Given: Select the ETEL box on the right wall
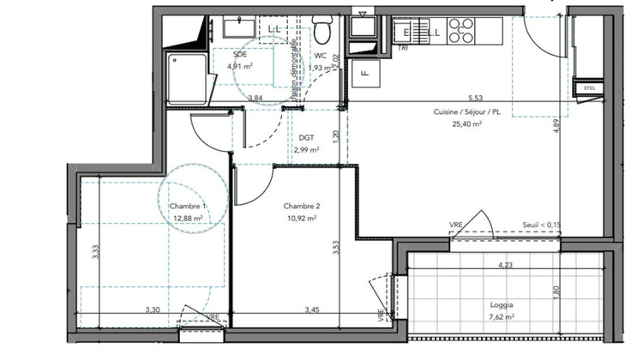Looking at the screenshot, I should point(588,87).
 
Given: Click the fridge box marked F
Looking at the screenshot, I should point(364,73).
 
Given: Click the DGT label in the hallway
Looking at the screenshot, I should point(306,137).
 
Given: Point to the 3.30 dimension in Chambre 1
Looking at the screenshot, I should point(153,309).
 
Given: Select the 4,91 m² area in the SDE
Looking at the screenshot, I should point(239,65).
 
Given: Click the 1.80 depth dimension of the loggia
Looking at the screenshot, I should point(557,291).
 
